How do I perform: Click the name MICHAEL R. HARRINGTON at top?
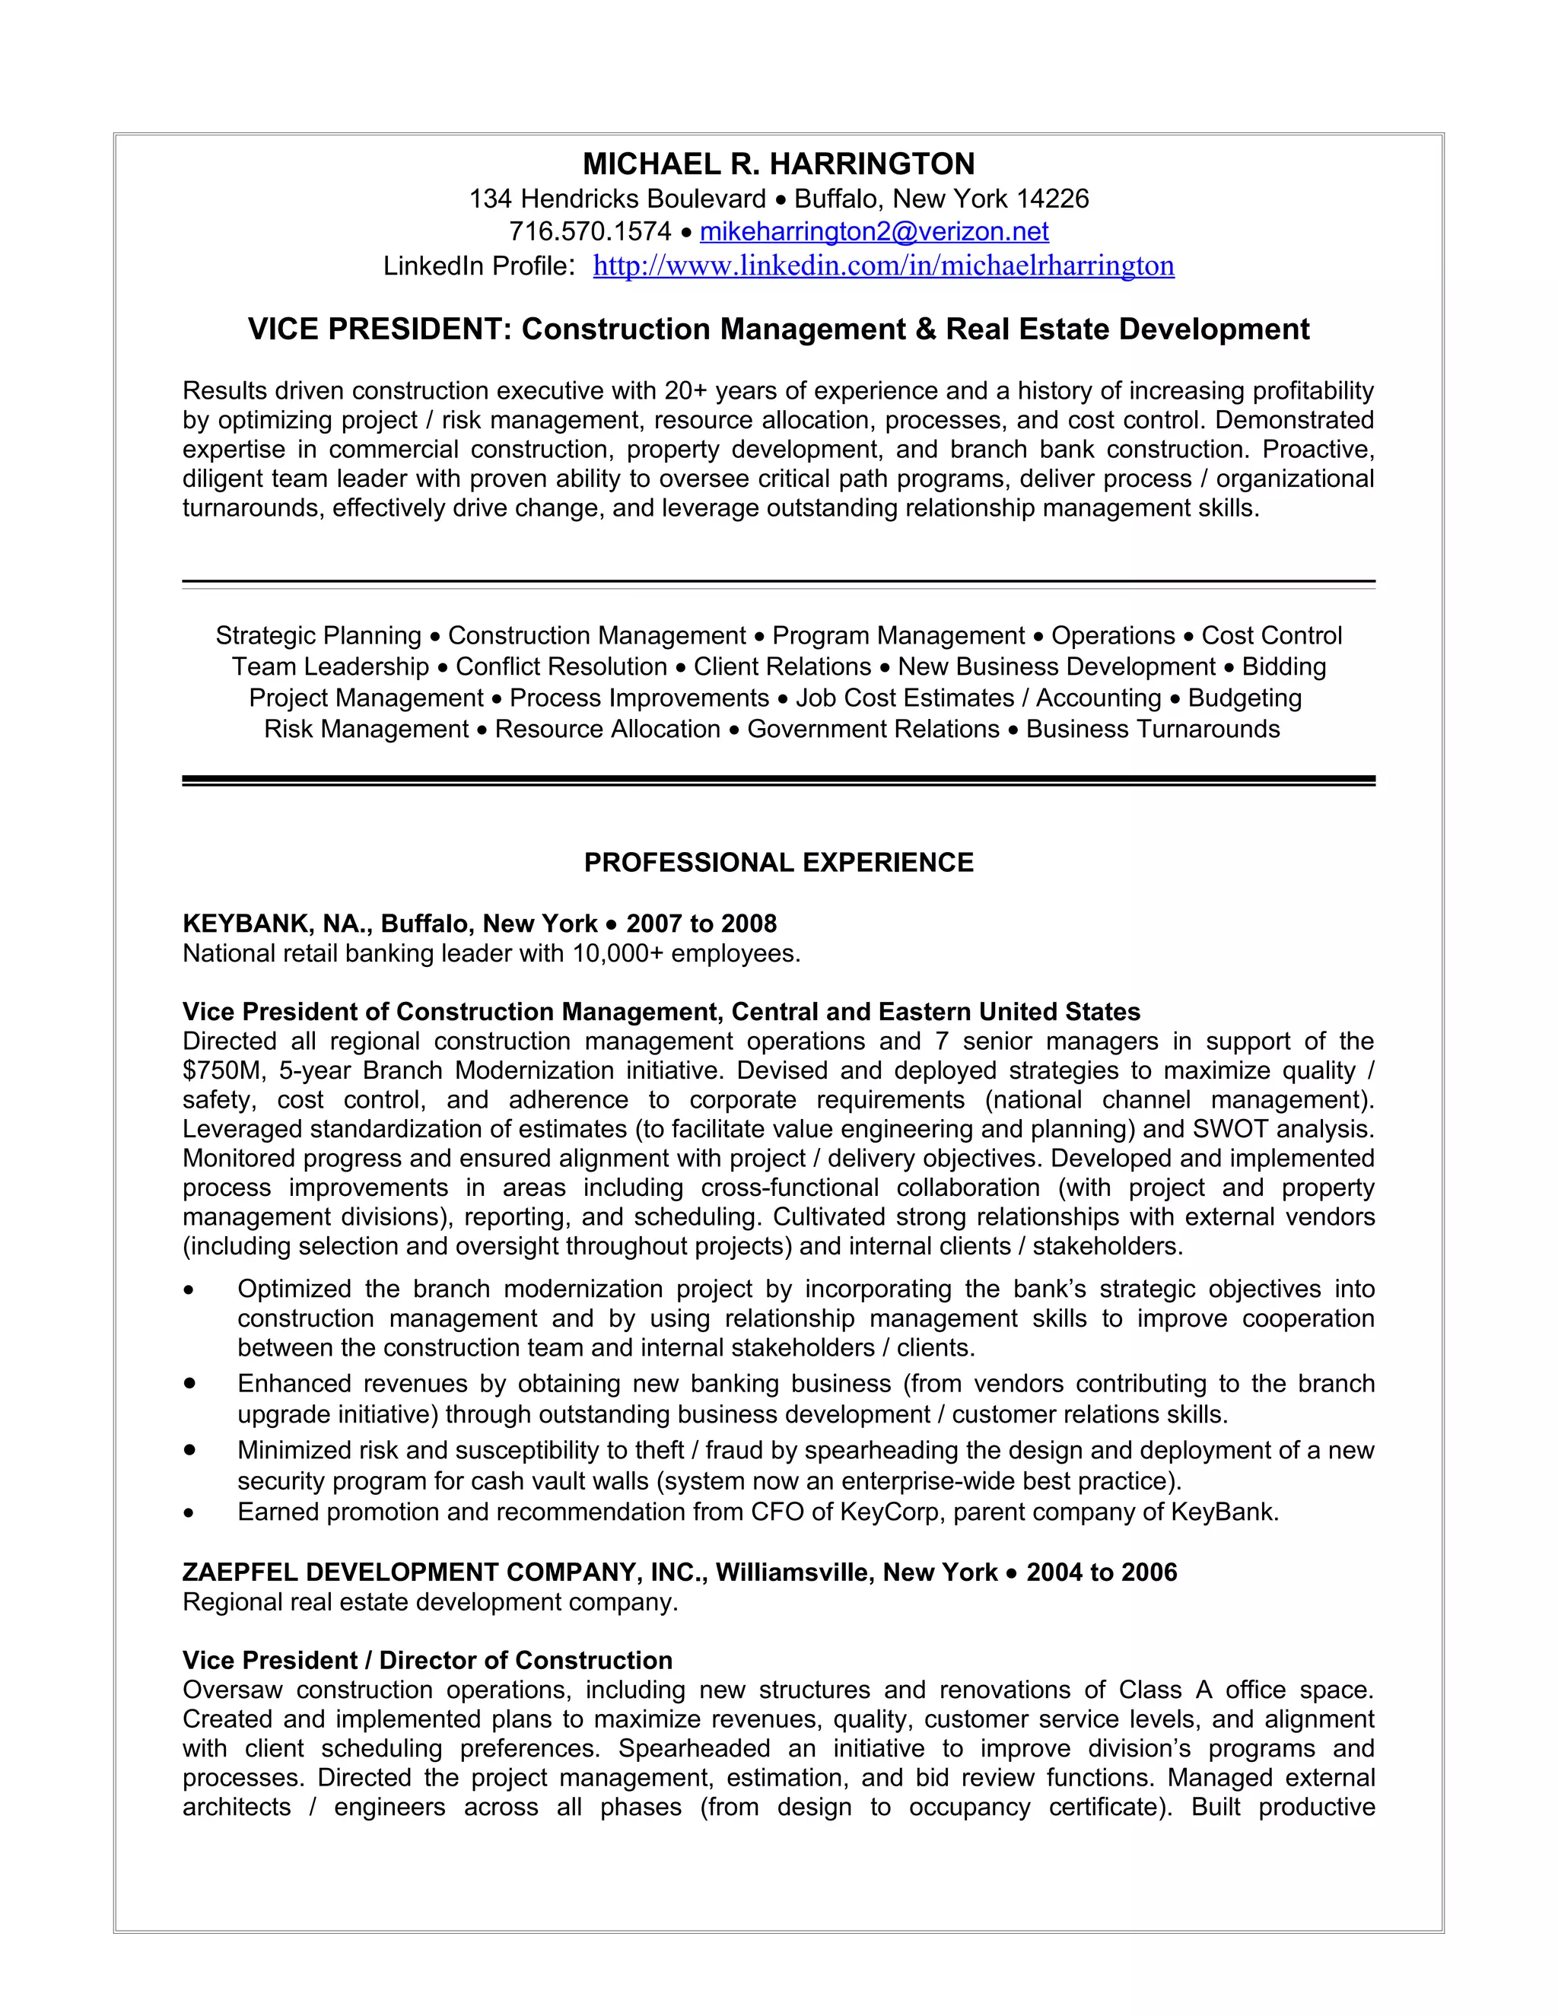coord(778,164)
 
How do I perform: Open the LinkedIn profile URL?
coord(882,266)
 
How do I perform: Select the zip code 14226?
coord(1052,199)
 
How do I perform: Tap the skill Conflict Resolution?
coord(561,666)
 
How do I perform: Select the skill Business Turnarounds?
coord(1153,730)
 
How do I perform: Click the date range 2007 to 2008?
coord(701,924)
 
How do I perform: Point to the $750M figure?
coord(221,1071)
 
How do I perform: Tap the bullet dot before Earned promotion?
coord(189,1514)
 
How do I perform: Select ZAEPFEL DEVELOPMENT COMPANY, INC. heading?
coord(443,1573)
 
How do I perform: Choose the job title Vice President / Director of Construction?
coord(428,1661)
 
